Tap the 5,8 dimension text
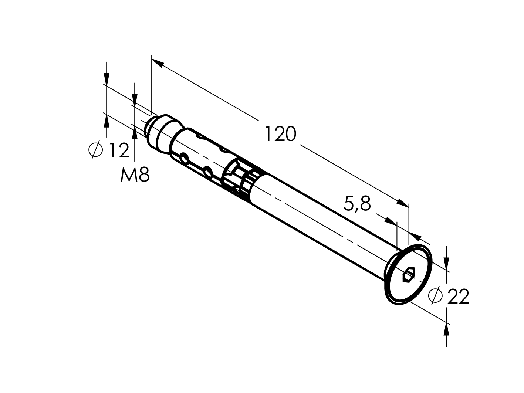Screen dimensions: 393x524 click(x=357, y=204)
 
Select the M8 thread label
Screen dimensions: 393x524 click(x=135, y=175)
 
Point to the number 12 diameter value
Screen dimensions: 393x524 click(x=118, y=150)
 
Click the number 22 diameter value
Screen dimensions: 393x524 click(x=458, y=297)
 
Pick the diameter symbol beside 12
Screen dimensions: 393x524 click(x=96, y=150)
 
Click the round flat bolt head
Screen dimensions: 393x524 click(x=408, y=275)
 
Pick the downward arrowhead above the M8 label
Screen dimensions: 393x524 click(x=135, y=99)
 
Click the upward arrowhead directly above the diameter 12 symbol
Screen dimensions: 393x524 click(x=107, y=121)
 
